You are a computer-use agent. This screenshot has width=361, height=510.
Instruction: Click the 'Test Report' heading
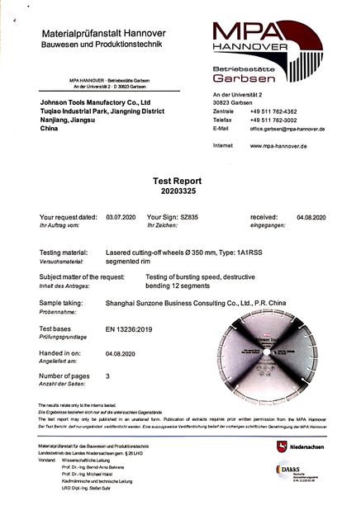[x=179, y=179]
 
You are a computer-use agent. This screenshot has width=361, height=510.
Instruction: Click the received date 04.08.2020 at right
[x=312, y=216]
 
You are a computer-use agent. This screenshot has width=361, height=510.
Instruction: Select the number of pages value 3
[x=108, y=375]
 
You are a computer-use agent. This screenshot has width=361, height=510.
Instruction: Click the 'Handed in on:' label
[x=59, y=351]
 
